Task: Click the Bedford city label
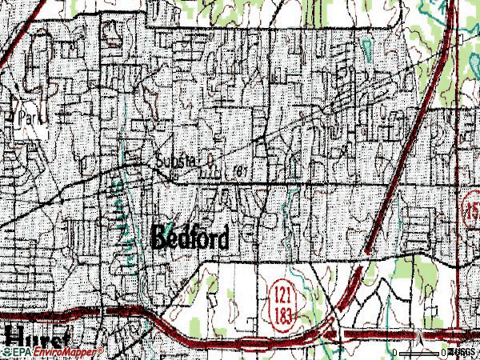tap(190, 238)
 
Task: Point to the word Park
tap(29, 117)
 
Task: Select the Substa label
tap(174, 160)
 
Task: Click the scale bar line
tap(420, 353)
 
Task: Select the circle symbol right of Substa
tap(210, 160)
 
